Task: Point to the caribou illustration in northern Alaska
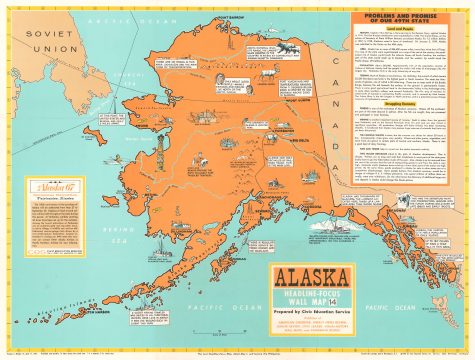click(x=250, y=75)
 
